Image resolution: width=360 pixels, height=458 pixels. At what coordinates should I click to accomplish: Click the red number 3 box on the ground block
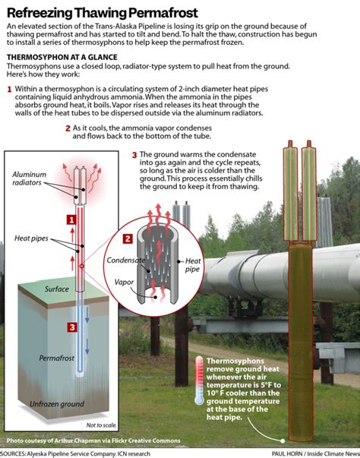[x=71, y=327]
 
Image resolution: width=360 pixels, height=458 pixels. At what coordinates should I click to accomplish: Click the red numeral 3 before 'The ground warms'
[x=134, y=156]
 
